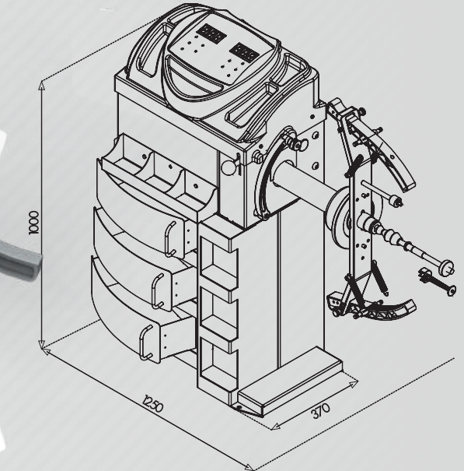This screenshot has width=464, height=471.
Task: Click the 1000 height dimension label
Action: (x=34, y=223)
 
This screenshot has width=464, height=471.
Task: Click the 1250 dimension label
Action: (x=153, y=404)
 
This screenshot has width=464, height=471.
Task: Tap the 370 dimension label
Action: (x=321, y=410)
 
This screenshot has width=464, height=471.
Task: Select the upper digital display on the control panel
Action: (x=211, y=33)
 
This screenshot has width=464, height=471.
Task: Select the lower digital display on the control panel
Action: (x=244, y=53)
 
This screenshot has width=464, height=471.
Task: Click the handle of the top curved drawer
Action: (x=169, y=239)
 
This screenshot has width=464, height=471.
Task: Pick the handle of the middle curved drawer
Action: (x=157, y=290)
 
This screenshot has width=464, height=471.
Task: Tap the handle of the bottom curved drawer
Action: (x=145, y=342)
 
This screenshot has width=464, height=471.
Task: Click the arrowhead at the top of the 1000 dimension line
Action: (x=42, y=86)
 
